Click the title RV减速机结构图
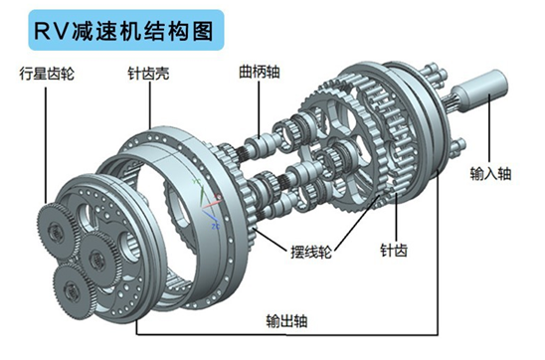coord(123,31)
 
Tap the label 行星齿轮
coord(47,74)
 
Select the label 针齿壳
coord(148,74)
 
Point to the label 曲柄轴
coord(260,72)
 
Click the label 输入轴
coord(490,173)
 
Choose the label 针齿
coord(394,251)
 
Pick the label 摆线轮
coord(311,252)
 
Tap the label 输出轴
coord(286,320)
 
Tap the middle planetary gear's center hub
coord(95,260)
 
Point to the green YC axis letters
coord(197,182)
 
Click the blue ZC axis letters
coord(216,227)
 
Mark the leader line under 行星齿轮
coord(46,145)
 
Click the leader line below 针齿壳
coord(150,107)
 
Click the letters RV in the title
coord(50,31)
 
